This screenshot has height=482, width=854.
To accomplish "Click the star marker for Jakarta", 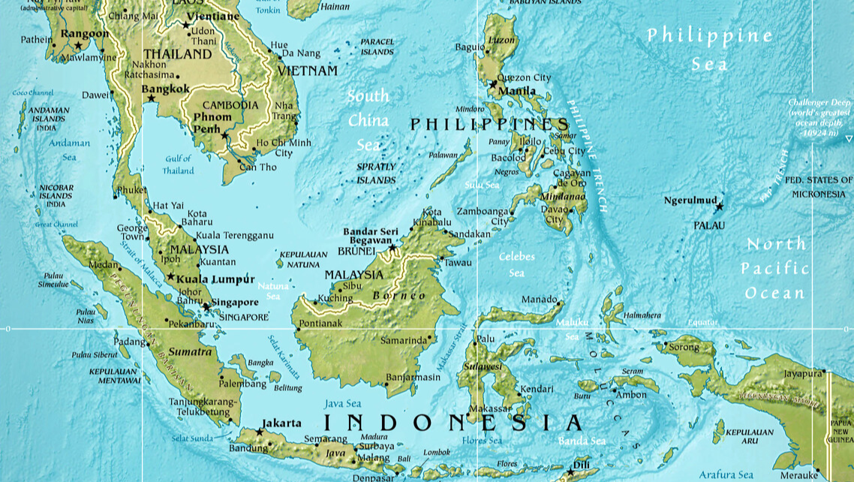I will (x=260, y=432).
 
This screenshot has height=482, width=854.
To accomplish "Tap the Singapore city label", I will (x=235, y=303).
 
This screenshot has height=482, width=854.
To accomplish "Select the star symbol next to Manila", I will (x=493, y=84).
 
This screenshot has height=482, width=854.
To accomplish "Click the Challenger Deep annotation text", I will (x=819, y=117).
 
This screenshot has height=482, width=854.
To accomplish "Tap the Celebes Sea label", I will (x=517, y=264).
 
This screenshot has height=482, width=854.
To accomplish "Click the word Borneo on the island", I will (x=402, y=295).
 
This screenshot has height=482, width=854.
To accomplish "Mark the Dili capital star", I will (x=570, y=472).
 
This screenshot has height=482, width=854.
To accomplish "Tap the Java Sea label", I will (x=343, y=404).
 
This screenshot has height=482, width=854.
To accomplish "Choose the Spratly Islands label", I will (x=376, y=173).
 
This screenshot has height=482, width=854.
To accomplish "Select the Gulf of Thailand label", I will (x=179, y=164).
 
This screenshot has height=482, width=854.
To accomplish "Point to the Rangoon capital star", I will (x=78, y=46).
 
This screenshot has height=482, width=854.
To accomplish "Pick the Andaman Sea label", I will (x=69, y=150).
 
